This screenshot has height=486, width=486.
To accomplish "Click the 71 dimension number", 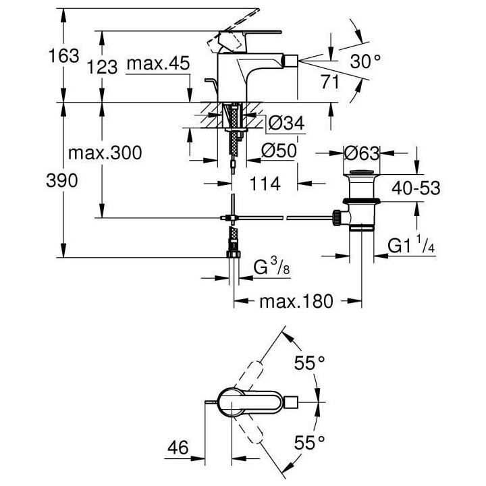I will point(331,84).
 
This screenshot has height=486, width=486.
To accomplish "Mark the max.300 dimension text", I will point(105,153).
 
